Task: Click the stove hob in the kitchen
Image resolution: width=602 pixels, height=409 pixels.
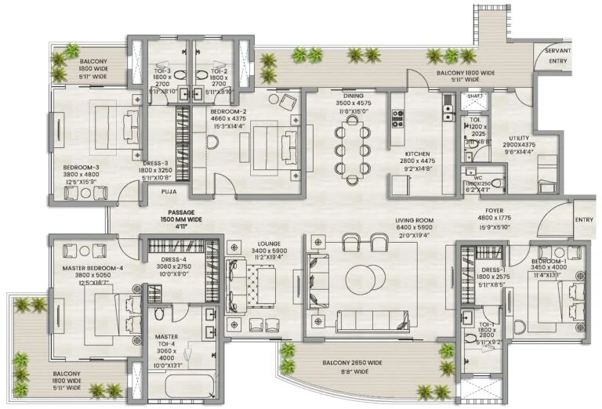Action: click(x=397, y=118)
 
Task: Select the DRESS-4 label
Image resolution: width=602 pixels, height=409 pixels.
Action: click(x=174, y=259)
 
